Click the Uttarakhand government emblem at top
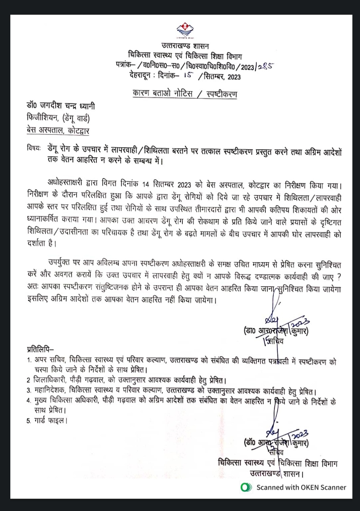click(185, 31)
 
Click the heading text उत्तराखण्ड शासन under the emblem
click(185, 46)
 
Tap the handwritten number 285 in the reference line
click(266, 66)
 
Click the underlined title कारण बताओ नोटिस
click(162, 93)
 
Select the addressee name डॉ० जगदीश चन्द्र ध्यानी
click(61, 106)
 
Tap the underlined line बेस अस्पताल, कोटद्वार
click(58, 130)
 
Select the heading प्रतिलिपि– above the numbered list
click(40, 349)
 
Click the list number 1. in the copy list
click(29, 360)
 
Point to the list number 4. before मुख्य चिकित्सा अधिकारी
click(29, 401)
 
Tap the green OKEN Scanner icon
click(246, 487)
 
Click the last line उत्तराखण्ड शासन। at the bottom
click(276, 474)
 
